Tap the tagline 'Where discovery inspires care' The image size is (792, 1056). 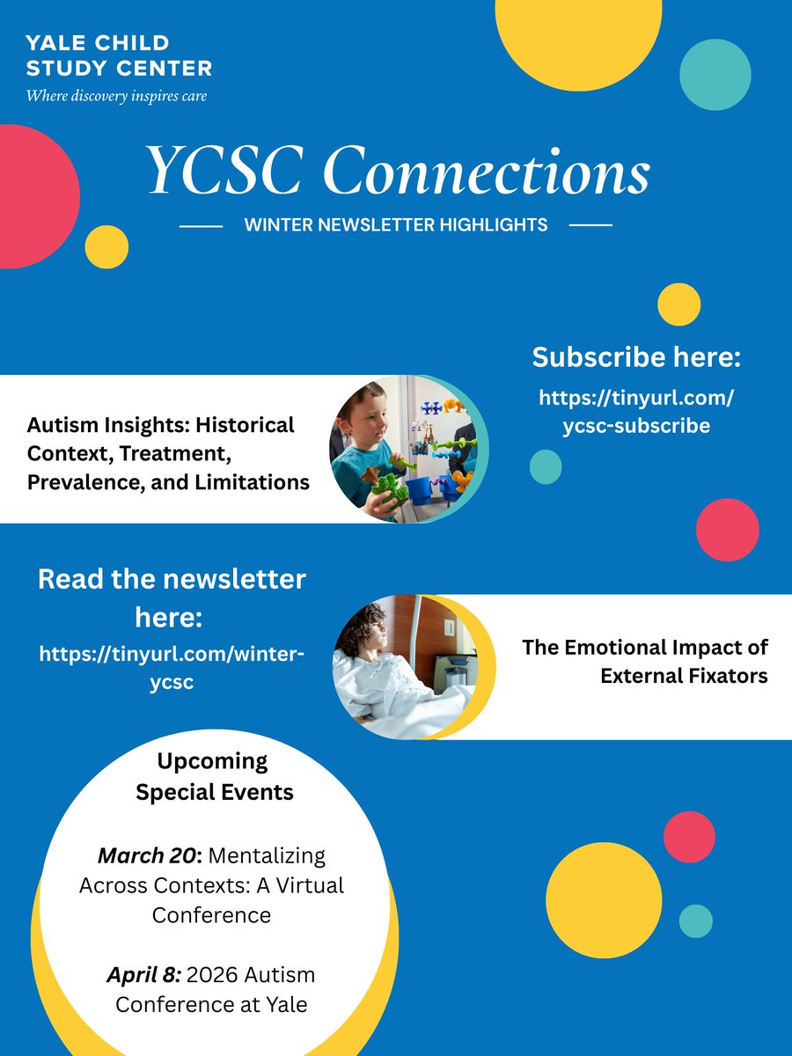coord(116,95)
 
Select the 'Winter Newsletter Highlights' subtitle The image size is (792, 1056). coord(396,225)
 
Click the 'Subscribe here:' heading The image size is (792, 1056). coord(636,358)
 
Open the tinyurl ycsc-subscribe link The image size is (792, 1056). coord(636,412)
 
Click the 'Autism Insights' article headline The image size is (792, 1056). coord(167,453)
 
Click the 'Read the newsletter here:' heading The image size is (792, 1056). coord(172,598)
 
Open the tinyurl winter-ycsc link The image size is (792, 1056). coord(172,667)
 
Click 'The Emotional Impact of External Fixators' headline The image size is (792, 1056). coord(645,661)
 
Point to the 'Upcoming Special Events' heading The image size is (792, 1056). coord(214,775)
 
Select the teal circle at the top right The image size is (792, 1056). coord(715,74)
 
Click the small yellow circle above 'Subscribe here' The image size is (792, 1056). coord(678,304)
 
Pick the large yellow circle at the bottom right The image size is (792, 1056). coord(603,900)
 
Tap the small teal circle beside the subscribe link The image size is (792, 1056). coord(546,466)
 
